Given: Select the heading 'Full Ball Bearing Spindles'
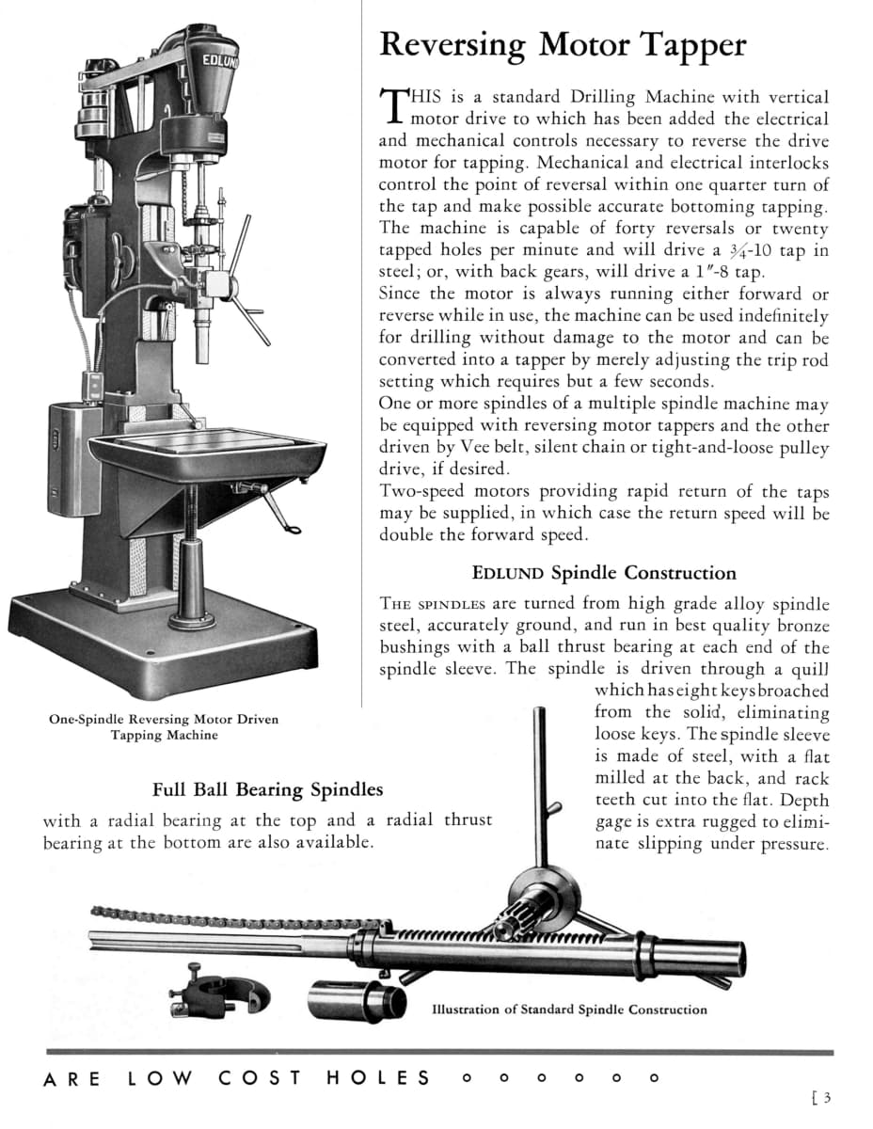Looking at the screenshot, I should [268, 788].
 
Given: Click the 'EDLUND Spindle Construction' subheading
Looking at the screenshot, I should [604, 572].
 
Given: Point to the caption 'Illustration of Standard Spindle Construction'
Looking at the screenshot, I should [569, 1010].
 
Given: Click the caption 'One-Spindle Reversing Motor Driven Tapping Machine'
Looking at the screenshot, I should [164, 727].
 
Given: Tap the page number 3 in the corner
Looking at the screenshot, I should [828, 1096].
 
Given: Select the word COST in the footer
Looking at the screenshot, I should [261, 1078].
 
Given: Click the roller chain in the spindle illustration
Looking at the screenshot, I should [235, 914].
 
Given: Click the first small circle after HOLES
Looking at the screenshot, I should [466, 1079].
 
